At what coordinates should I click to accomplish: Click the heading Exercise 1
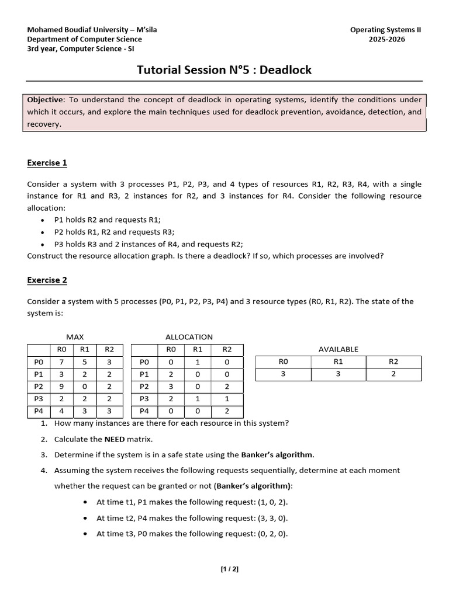click(x=47, y=163)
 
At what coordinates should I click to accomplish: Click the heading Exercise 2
click(x=47, y=280)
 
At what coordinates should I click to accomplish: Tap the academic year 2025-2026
click(x=386, y=40)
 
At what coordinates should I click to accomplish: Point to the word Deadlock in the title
click(x=285, y=70)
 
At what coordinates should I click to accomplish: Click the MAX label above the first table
click(x=75, y=337)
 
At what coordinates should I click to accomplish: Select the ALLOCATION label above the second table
click(x=189, y=337)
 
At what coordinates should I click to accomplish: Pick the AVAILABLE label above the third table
click(x=338, y=349)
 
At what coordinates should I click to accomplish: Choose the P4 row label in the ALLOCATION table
click(x=144, y=411)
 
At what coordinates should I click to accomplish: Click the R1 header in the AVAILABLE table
click(x=338, y=362)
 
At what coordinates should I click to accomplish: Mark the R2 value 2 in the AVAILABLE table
click(x=393, y=374)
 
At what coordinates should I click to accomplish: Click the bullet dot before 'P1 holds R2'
click(x=43, y=221)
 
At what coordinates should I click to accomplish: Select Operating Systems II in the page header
click(x=385, y=30)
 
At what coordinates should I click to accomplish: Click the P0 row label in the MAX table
click(x=39, y=362)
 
